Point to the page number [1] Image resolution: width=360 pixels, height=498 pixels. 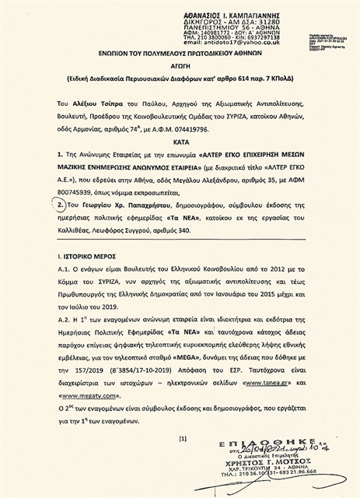click(x=183, y=438)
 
